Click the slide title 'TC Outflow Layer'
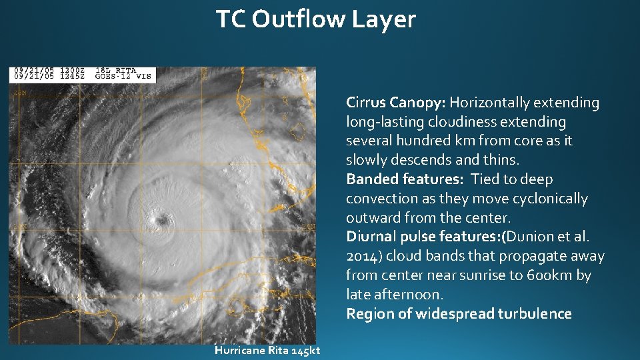[x=315, y=19]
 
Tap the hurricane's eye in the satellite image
[x=161, y=219]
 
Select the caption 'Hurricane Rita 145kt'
[x=267, y=351]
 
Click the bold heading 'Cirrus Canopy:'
[x=396, y=103]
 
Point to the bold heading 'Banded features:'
[x=405, y=179]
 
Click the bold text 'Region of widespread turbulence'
[x=459, y=314]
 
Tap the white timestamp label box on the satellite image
[x=83, y=74]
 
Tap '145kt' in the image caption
[x=305, y=351]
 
